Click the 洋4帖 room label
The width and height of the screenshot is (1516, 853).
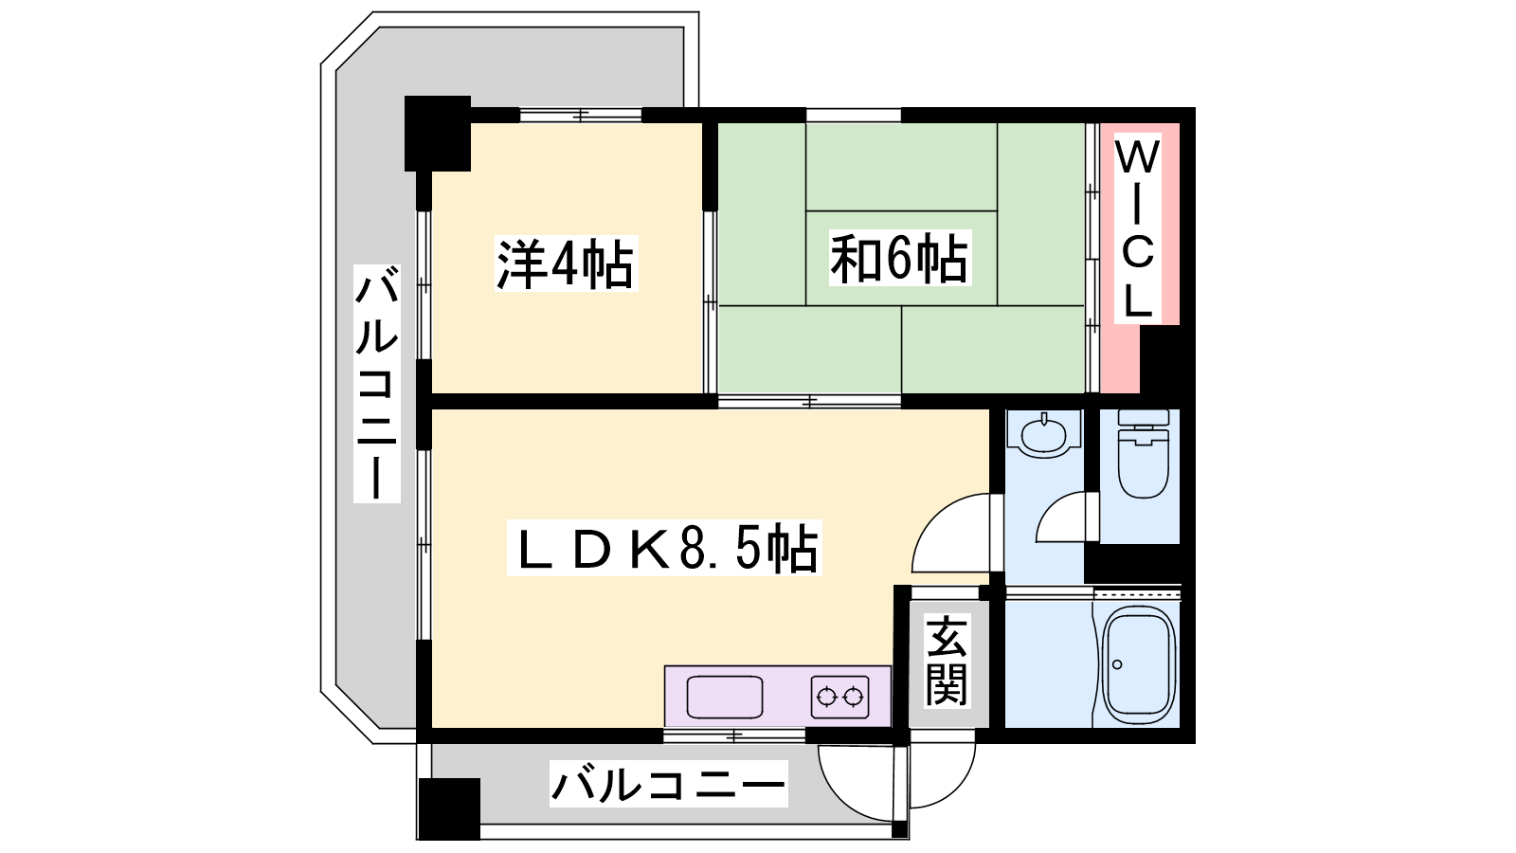pyautogui.click(x=566, y=263)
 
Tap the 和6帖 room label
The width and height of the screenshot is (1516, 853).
pyautogui.click(x=900, y=258)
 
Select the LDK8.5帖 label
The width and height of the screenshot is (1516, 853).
pyautogui.click(x=664, y=548)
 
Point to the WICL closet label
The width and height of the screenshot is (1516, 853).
pyautogui.click(x=1138, y=228)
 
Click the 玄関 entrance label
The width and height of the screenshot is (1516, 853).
pyautogui.click(x=947, y=661)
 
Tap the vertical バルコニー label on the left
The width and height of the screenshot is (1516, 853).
pyautogui.click(x=377, y=384)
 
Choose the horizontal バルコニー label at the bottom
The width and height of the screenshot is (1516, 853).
pyautogui.click(x=669, y=784)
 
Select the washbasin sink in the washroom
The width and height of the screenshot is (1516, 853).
pyautogui.click(x=1044, y=434)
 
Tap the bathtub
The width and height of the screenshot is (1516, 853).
pyautogui.click(x=1138, y=664)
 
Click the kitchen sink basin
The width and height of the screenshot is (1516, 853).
pyautogui.click(x=724, y=697)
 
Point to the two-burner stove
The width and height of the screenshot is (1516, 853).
pyautogui.click(x=839, y=697)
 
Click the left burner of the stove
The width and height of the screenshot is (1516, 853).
pyautogui.click(x=827, y=697)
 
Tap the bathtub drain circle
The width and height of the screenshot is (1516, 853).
pyautogui.click(x=1117, y=664)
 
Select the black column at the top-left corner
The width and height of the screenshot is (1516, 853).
pyautogui.click(x=437, y=134)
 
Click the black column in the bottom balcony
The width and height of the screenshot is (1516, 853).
pyautogui.click(x=449, y=809)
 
